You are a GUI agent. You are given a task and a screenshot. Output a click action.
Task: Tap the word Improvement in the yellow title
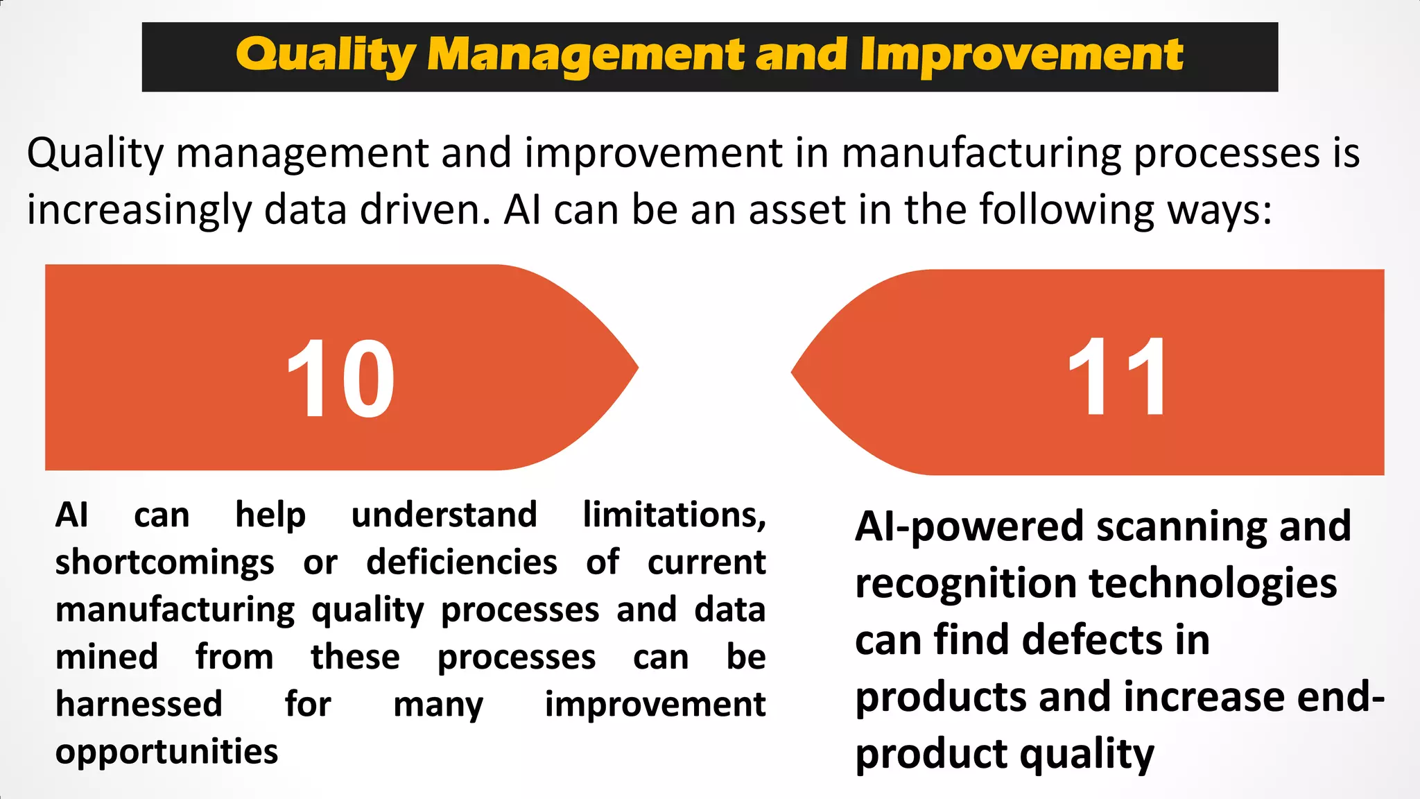tap(1021, 55)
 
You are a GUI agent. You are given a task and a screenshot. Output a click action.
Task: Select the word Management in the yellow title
tap(586, 55)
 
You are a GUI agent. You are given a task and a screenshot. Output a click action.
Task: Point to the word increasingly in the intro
tap(139, 210)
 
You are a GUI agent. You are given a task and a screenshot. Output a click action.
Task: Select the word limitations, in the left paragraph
tap(674, 515)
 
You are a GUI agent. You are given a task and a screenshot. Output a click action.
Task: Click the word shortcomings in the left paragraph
tap(165, 562)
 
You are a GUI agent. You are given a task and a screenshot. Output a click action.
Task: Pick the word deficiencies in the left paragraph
tap(462, 562)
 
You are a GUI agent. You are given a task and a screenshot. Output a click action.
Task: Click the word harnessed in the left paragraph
tap(139, 704)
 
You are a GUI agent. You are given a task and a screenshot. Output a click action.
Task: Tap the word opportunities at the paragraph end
tap(166, 752)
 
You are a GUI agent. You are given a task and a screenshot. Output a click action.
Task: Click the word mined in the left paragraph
tap(107, 657)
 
